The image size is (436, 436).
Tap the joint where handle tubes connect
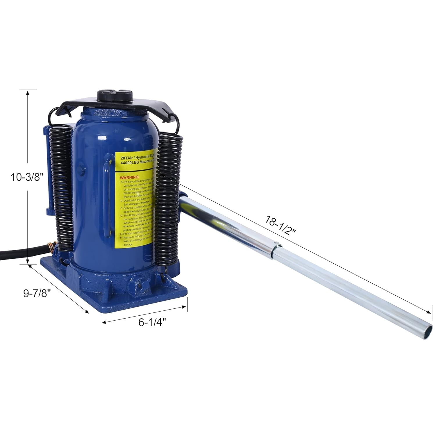[275, 250]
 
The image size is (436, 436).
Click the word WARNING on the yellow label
[130, 177]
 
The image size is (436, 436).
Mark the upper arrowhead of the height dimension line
[28, 93]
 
